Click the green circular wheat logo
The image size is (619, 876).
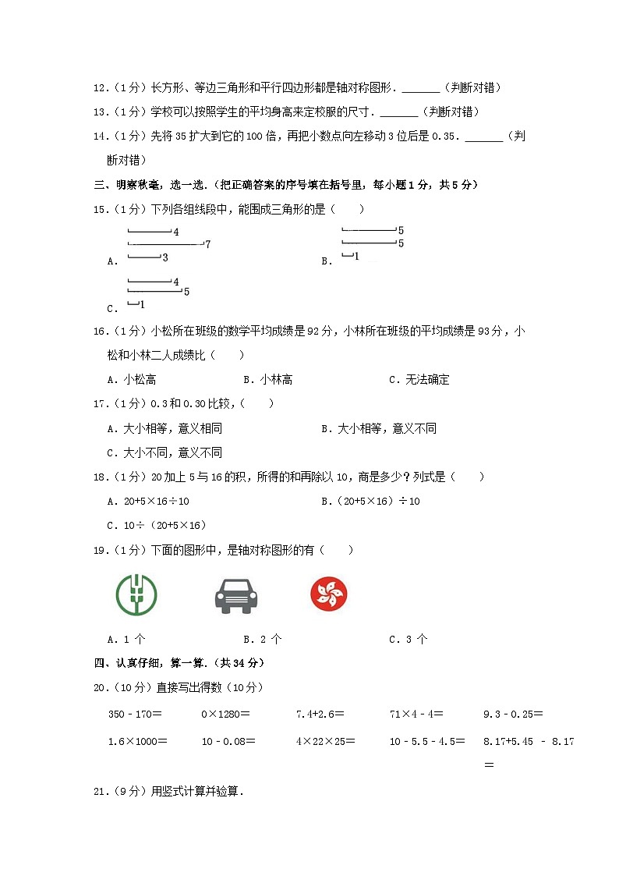(136, 594)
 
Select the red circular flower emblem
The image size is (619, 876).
(328, 594)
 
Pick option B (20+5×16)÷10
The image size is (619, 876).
(370, 501)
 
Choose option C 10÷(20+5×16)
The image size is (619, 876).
(156, 525)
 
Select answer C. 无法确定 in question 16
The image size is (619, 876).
(419, 380)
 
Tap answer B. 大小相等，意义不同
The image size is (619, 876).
(379, 428)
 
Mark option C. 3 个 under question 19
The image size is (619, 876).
(409, 639)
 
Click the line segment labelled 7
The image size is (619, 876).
(165, 244)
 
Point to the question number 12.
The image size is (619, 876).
(99, 88)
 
